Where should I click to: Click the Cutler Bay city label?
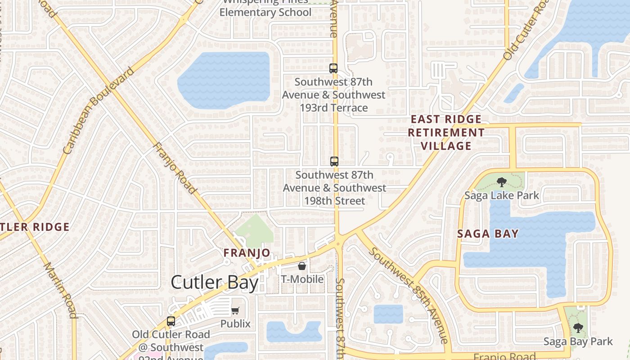(215, 283)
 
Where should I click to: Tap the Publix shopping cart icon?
(235, 310)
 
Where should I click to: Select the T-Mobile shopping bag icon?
(302, 266)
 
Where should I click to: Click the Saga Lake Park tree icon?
(501, 182)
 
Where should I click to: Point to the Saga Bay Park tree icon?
(578, 328)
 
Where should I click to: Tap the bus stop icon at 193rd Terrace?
(333, 68)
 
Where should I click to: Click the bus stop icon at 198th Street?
(334, 161)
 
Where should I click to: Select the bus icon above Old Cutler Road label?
(171, 321)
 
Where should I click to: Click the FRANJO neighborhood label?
(247, 253)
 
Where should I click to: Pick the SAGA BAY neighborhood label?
(488, 234)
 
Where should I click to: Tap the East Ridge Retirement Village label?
(446, 133)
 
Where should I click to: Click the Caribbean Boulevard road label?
(99, 111)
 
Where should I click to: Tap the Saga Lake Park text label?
(501, 195)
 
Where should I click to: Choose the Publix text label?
(235, 324)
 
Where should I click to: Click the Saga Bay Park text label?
(578, 342)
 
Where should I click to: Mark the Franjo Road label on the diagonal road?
(175, 168)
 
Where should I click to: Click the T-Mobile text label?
(302, 279)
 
